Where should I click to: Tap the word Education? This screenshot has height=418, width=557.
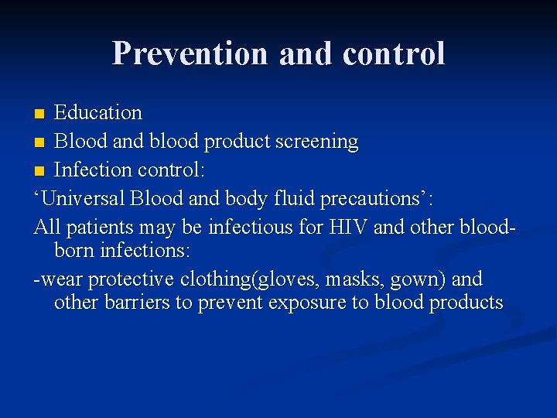tap(98, 113)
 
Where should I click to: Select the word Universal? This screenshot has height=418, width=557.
tap(84, 198)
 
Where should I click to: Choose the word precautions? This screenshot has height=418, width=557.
tap(378, 198)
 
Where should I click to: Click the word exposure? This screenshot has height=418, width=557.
tap(307, 303)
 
